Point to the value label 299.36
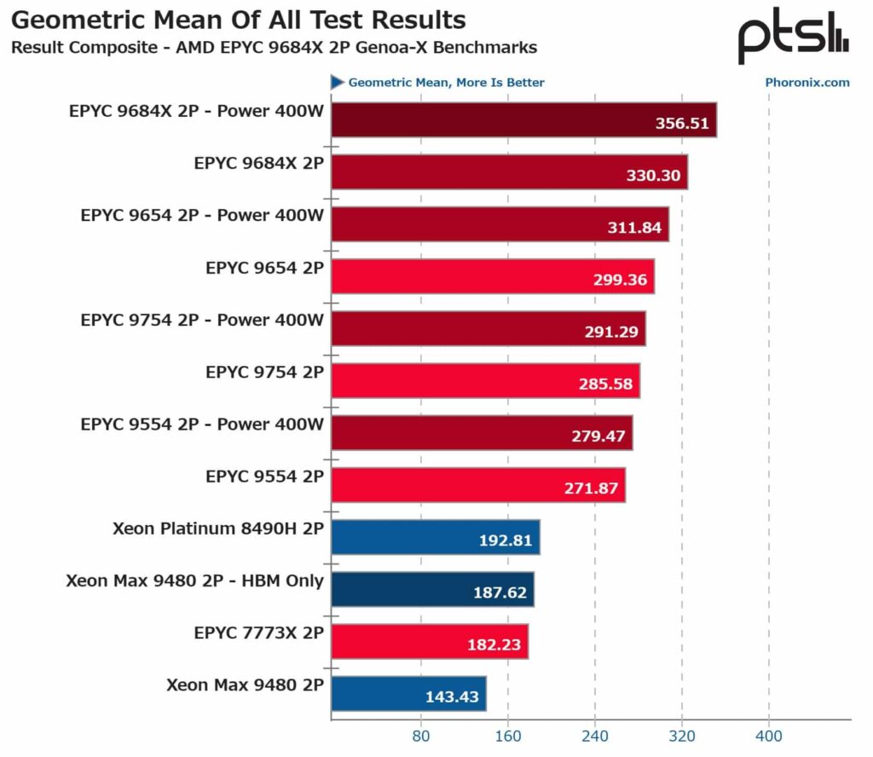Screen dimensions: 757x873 click(x=620, y=280)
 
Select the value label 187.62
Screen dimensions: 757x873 click(x=500, y=592)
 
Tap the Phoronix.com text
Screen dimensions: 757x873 click(x=807, y=83)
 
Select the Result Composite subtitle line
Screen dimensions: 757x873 click(x=274, y=47)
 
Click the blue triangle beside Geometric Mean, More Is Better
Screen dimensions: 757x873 click(x=338, y=83)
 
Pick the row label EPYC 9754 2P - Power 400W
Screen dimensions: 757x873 click(x=202, y=321)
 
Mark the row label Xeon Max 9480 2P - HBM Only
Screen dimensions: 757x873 click(x=194, y=581)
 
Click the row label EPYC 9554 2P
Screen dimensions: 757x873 click(x=264, y=477)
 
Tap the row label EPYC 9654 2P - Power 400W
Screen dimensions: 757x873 click(x=202, y=216)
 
